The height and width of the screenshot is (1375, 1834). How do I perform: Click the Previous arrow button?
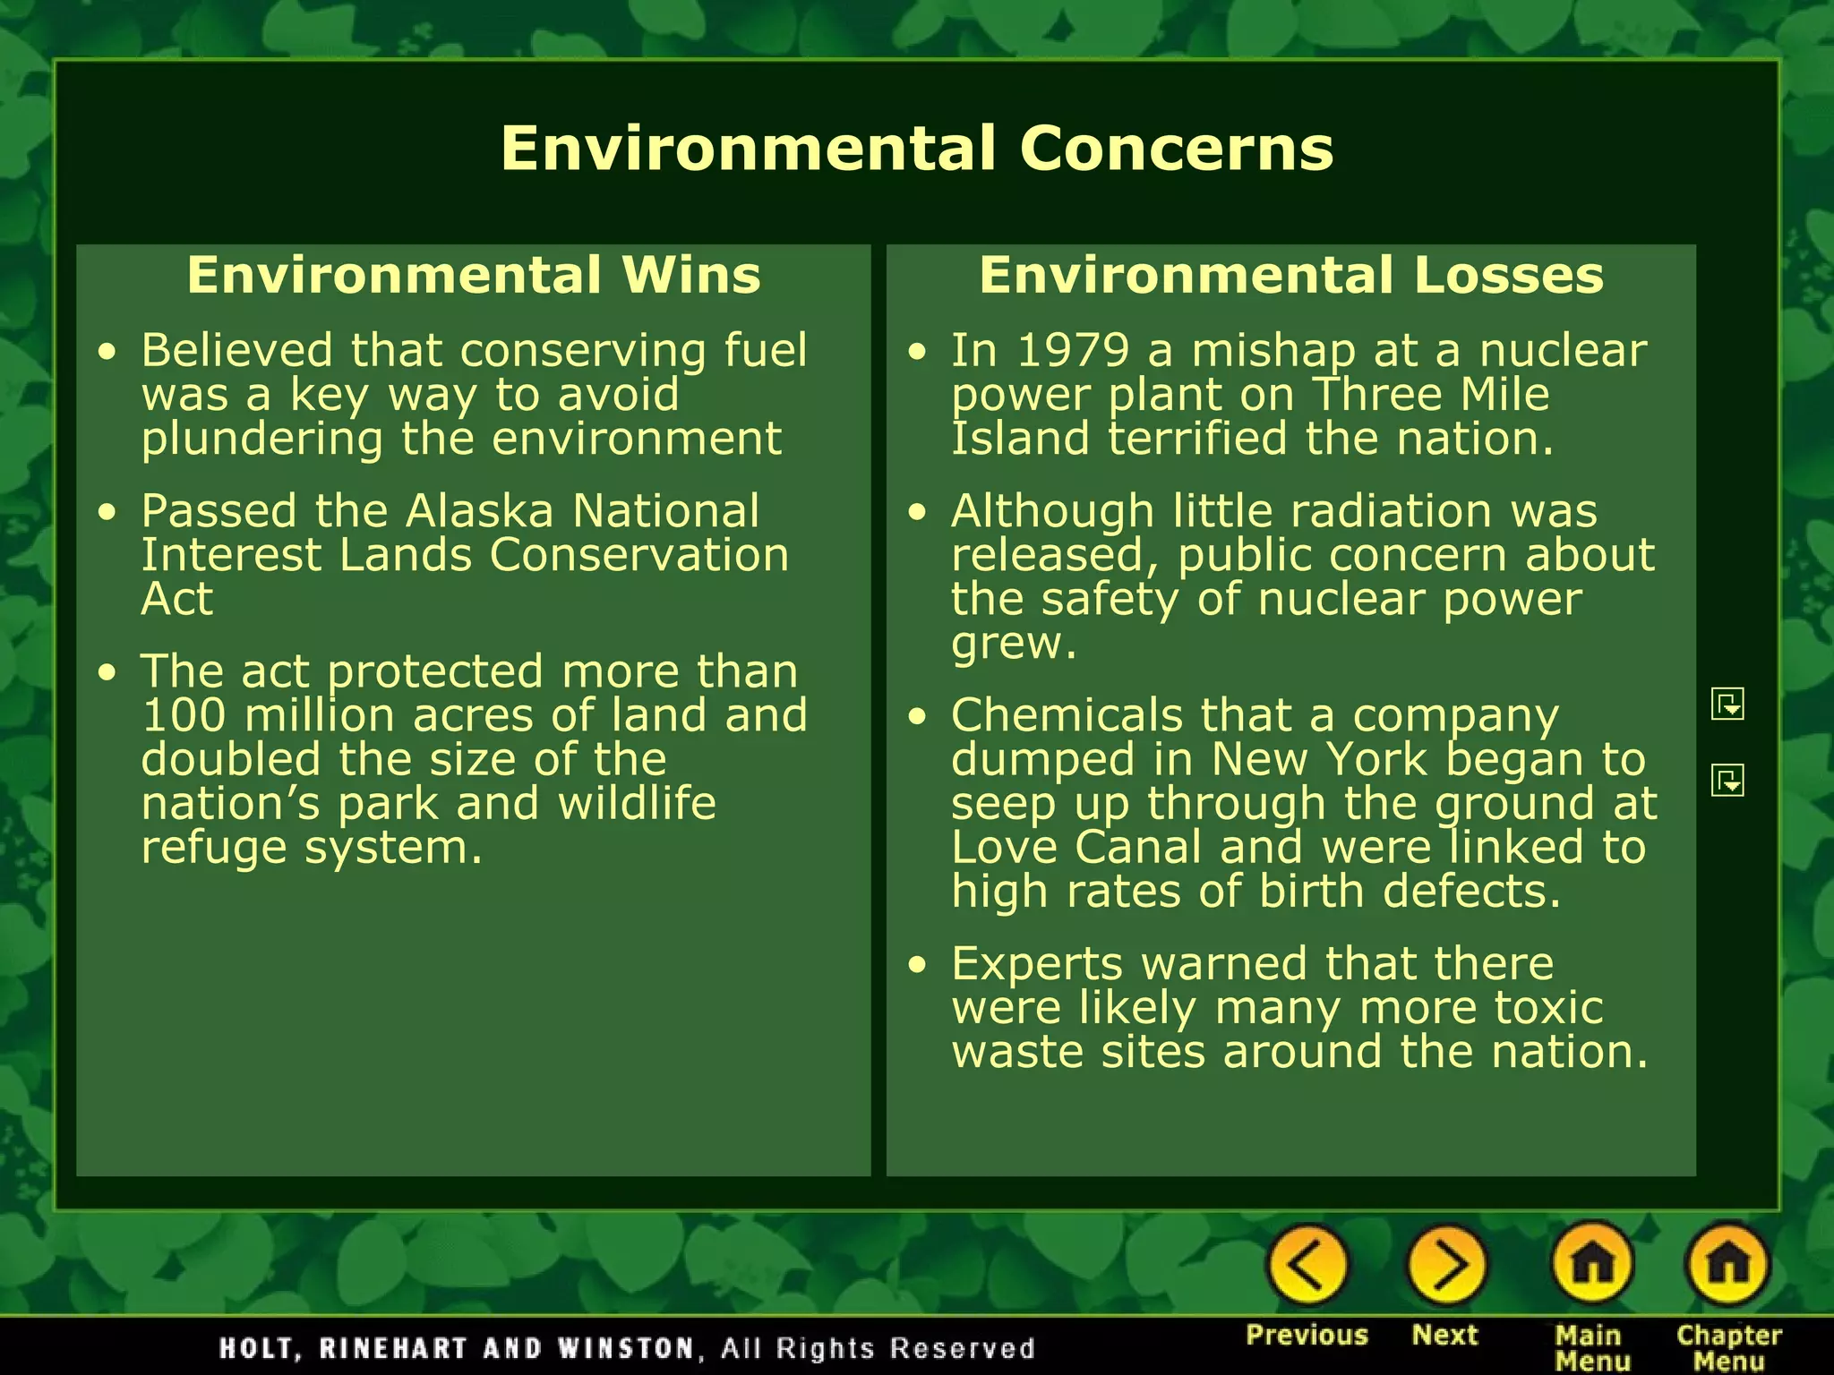[1307, 1265]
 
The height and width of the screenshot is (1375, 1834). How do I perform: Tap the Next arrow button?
[1445, 1265]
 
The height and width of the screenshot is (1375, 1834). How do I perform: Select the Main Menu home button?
[1591, 1265]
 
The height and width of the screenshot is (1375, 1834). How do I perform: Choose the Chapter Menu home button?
[1727, 1265]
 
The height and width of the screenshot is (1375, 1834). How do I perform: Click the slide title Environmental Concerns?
[917, 148]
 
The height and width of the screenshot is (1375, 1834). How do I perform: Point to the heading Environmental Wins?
[474, 275]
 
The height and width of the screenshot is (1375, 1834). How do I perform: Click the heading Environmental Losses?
[1290, 275]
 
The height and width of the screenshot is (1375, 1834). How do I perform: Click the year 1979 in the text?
[1073, 350]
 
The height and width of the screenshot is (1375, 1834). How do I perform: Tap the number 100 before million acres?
[183, 715]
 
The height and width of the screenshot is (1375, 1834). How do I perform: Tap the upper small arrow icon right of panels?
[1727, 704]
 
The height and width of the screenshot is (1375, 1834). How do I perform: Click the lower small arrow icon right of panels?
[1727, 780]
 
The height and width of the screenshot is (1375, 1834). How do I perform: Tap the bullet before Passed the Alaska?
[108, 512]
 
